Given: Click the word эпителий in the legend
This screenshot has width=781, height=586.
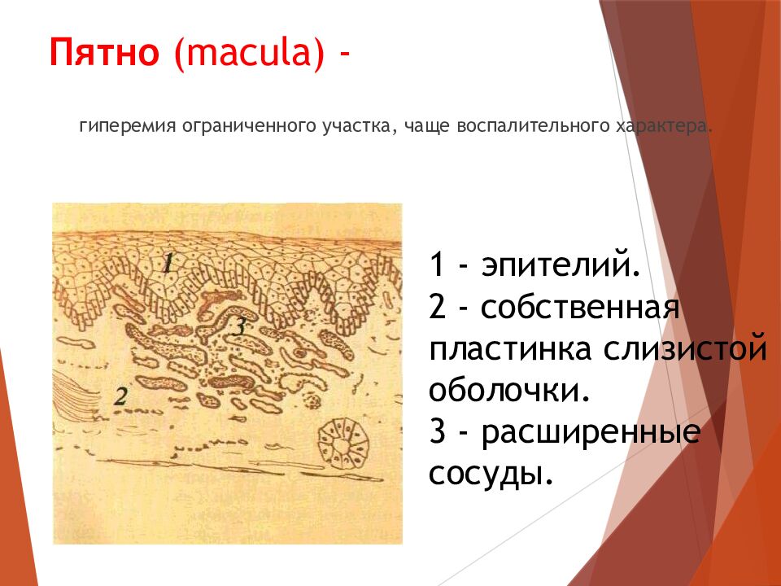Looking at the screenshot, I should (561, 265).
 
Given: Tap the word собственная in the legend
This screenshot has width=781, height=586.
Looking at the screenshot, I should (580, 307).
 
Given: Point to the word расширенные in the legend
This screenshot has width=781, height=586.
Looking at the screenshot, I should (591, 432).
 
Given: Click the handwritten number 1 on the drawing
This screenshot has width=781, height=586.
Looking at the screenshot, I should (167, 264).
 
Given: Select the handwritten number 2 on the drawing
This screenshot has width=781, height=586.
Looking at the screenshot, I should (120, 397).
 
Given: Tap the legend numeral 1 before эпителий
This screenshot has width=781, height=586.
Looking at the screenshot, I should (437, 265).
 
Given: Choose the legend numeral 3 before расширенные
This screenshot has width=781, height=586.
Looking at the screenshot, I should (438, 432).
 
